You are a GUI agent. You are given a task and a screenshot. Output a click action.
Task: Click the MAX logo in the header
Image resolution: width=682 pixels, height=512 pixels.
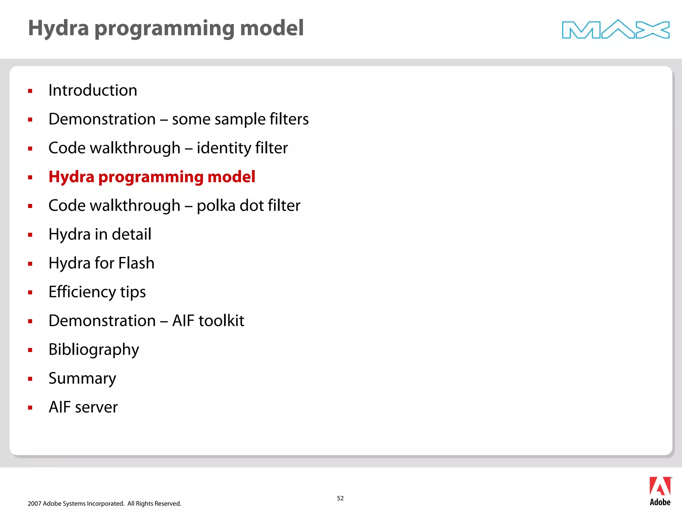point(615,29)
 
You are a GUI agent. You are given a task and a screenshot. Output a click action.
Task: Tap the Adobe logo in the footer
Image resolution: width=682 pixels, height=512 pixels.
point(660,491)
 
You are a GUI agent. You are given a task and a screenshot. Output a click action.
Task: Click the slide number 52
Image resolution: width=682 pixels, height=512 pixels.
point(340,498)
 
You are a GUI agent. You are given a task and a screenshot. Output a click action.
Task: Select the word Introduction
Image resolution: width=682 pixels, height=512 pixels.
point(93,90)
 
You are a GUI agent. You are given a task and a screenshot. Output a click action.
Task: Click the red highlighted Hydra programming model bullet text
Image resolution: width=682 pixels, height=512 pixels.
point(152,177)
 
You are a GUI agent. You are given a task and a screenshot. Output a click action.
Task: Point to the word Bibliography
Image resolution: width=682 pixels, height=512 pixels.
point(94,350)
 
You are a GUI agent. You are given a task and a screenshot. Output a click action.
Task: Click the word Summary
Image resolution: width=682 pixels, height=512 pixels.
point(82,379)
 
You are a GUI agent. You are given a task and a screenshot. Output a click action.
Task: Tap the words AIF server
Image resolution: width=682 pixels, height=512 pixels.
point(83,407)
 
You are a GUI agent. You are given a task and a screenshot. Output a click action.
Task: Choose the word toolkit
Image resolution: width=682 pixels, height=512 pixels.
point(221,321)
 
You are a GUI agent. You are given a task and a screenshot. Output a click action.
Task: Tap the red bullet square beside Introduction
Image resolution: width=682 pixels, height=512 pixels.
point(30,91)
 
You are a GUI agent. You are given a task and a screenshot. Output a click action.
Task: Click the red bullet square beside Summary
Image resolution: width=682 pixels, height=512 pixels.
point(30,379)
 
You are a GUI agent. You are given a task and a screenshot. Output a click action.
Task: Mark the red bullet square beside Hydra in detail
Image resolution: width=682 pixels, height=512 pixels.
point(30,235)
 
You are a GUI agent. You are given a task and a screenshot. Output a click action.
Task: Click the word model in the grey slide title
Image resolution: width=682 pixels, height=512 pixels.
point(271,28)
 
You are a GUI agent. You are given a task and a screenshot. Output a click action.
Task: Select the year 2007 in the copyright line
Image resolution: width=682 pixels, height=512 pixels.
point(34,504)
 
